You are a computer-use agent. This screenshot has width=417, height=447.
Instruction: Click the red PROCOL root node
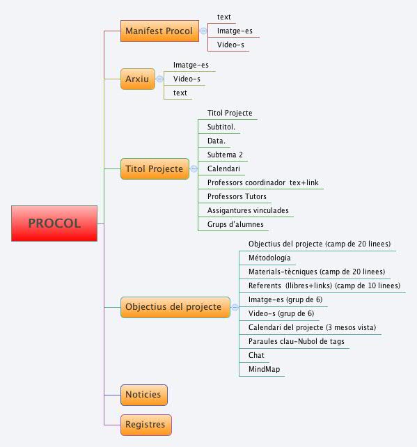pyautogui.click(x=54, y=223)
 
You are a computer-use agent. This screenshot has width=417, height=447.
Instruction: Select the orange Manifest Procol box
pyautogui.click(x=159, y=31)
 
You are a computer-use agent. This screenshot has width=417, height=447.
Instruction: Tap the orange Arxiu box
pyautogui.click(x=137, y=79)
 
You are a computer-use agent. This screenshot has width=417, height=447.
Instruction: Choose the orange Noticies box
pyautogui.click(x=143, y=395)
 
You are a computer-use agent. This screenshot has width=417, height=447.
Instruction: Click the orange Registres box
pyautogui.click(x=145, y=424)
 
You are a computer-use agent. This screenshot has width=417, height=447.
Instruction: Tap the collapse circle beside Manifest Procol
pyautogui.click(x=203, y=31)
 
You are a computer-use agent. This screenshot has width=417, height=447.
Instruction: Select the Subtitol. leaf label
pyautogui.click(x=221, y=127)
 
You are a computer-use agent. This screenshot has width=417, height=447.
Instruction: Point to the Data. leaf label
pyautogui.click(x=217, y=141)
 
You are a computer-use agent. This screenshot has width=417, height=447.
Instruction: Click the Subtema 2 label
pyautogui.click(x=225, y=155)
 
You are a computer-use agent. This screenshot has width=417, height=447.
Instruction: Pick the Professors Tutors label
pyautogui.click(x=237, y=197)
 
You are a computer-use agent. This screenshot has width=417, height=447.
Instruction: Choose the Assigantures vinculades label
pyautogui.click(x=248, y=210)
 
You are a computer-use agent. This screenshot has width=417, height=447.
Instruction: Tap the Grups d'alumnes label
pyautogui.click(x=235, y=224)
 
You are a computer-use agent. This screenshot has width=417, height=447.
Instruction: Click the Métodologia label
pyautogui.click(x=269, y=258)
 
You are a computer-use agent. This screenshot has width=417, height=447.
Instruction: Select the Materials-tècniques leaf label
pyautogui.click(x=317, y=272)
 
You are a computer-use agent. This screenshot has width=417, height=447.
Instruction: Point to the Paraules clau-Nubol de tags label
pyautogui.click(x=296, y=341)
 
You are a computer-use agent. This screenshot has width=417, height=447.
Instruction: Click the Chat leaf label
pyautogui.click(x=256, y=355)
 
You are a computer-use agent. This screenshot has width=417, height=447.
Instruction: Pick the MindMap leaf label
pyautogui.click(x=264, y=369)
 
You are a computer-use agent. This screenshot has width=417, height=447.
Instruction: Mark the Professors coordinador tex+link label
pyautogui.click(x=263, y=182)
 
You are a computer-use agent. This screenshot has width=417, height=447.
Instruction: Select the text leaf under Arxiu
pyautogui.click(x=180, y=93)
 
